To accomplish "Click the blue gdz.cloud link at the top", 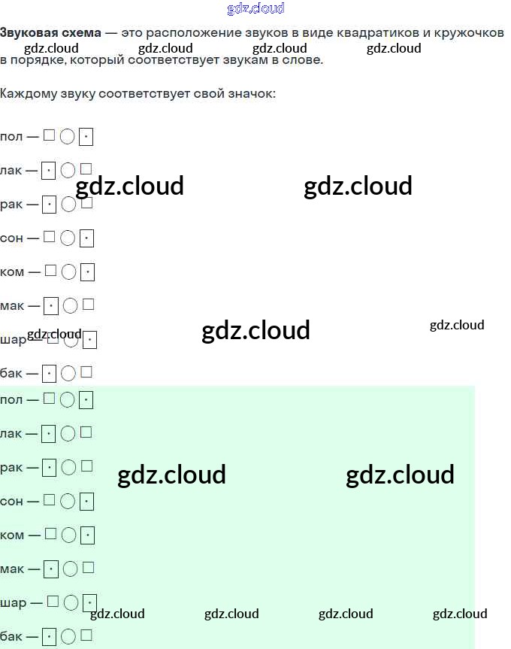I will (x=255, y=9).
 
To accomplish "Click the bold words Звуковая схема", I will (x=50, y=34).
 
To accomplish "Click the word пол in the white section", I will (x=11, y=137).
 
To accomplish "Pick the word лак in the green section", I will (x=11, y=433).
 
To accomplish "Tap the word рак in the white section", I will (x=11, y=205).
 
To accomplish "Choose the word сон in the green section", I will (x=11, y=501).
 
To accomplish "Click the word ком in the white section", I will (x=12, y=272).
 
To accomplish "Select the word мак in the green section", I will (x=12, y=569).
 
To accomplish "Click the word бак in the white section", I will (x=11, y=373).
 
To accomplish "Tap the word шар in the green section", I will (x=13, y=602).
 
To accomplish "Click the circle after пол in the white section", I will (x=68, y=137).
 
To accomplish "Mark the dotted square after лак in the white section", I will (x=49, y=171).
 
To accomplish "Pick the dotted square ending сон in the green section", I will (x=86, y=501).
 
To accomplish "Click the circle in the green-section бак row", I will (x=68, y=636).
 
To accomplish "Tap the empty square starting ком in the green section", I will (x=50, y=534).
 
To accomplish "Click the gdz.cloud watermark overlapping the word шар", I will (x=54, y=334).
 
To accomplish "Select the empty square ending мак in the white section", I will (x=89, y=305).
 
